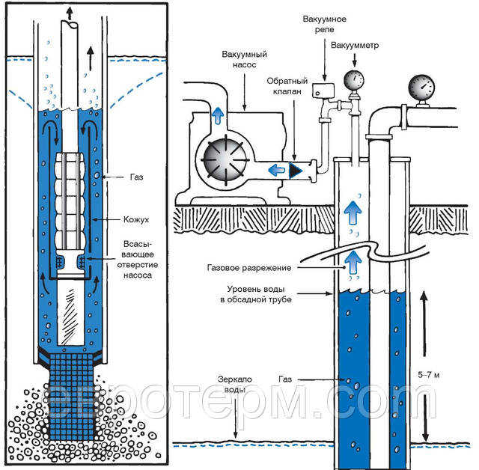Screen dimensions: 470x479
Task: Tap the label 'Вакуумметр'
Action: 353,45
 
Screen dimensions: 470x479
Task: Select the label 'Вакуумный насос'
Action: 245,61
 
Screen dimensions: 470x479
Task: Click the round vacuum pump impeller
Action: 224,158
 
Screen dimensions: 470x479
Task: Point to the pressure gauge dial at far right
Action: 424,88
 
